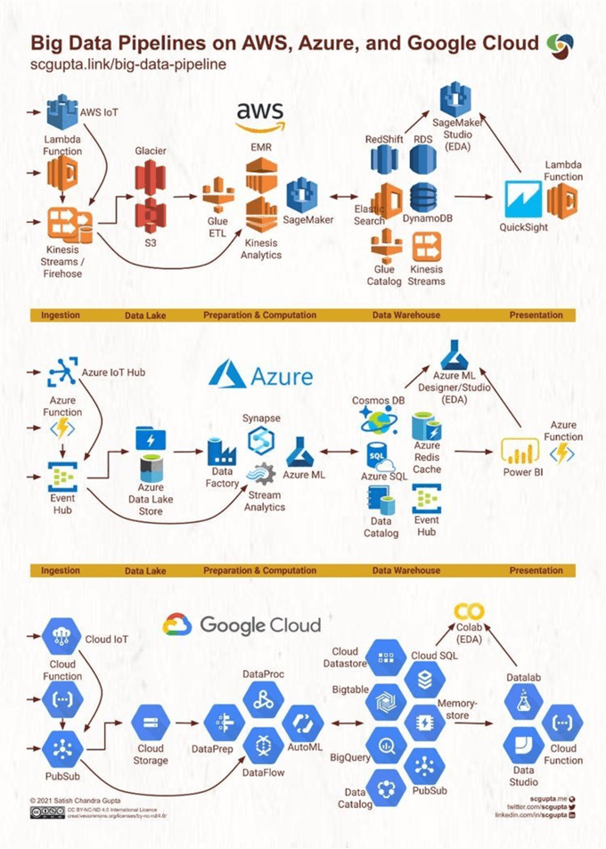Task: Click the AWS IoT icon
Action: [x=62, y=113]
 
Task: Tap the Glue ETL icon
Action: [x=217, y=196]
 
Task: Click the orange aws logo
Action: [x=259, y=116]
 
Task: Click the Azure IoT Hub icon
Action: [x=62, y=367]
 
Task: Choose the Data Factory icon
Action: [x=221, y=452]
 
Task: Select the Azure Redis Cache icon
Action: [x=427, y=425]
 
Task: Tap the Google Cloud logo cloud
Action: [x=177, y=625]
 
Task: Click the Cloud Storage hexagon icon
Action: [x=150, y=723]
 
